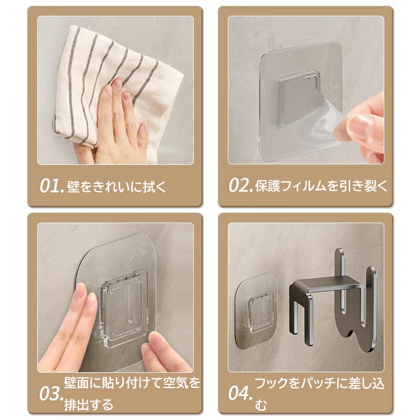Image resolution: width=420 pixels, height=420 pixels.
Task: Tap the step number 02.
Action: pos(241,185)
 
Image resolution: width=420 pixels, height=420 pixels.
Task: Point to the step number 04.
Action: pos(240,393)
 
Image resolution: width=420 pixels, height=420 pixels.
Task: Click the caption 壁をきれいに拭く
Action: pos(117,186)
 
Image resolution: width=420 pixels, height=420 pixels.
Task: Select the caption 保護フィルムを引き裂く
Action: pos(321,186)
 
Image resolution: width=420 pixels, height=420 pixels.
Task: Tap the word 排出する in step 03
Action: pos(89,405)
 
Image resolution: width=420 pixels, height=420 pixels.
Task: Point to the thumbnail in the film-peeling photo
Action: pos(360,124)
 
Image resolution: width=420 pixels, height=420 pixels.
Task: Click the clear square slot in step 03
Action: pos(124,308)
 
